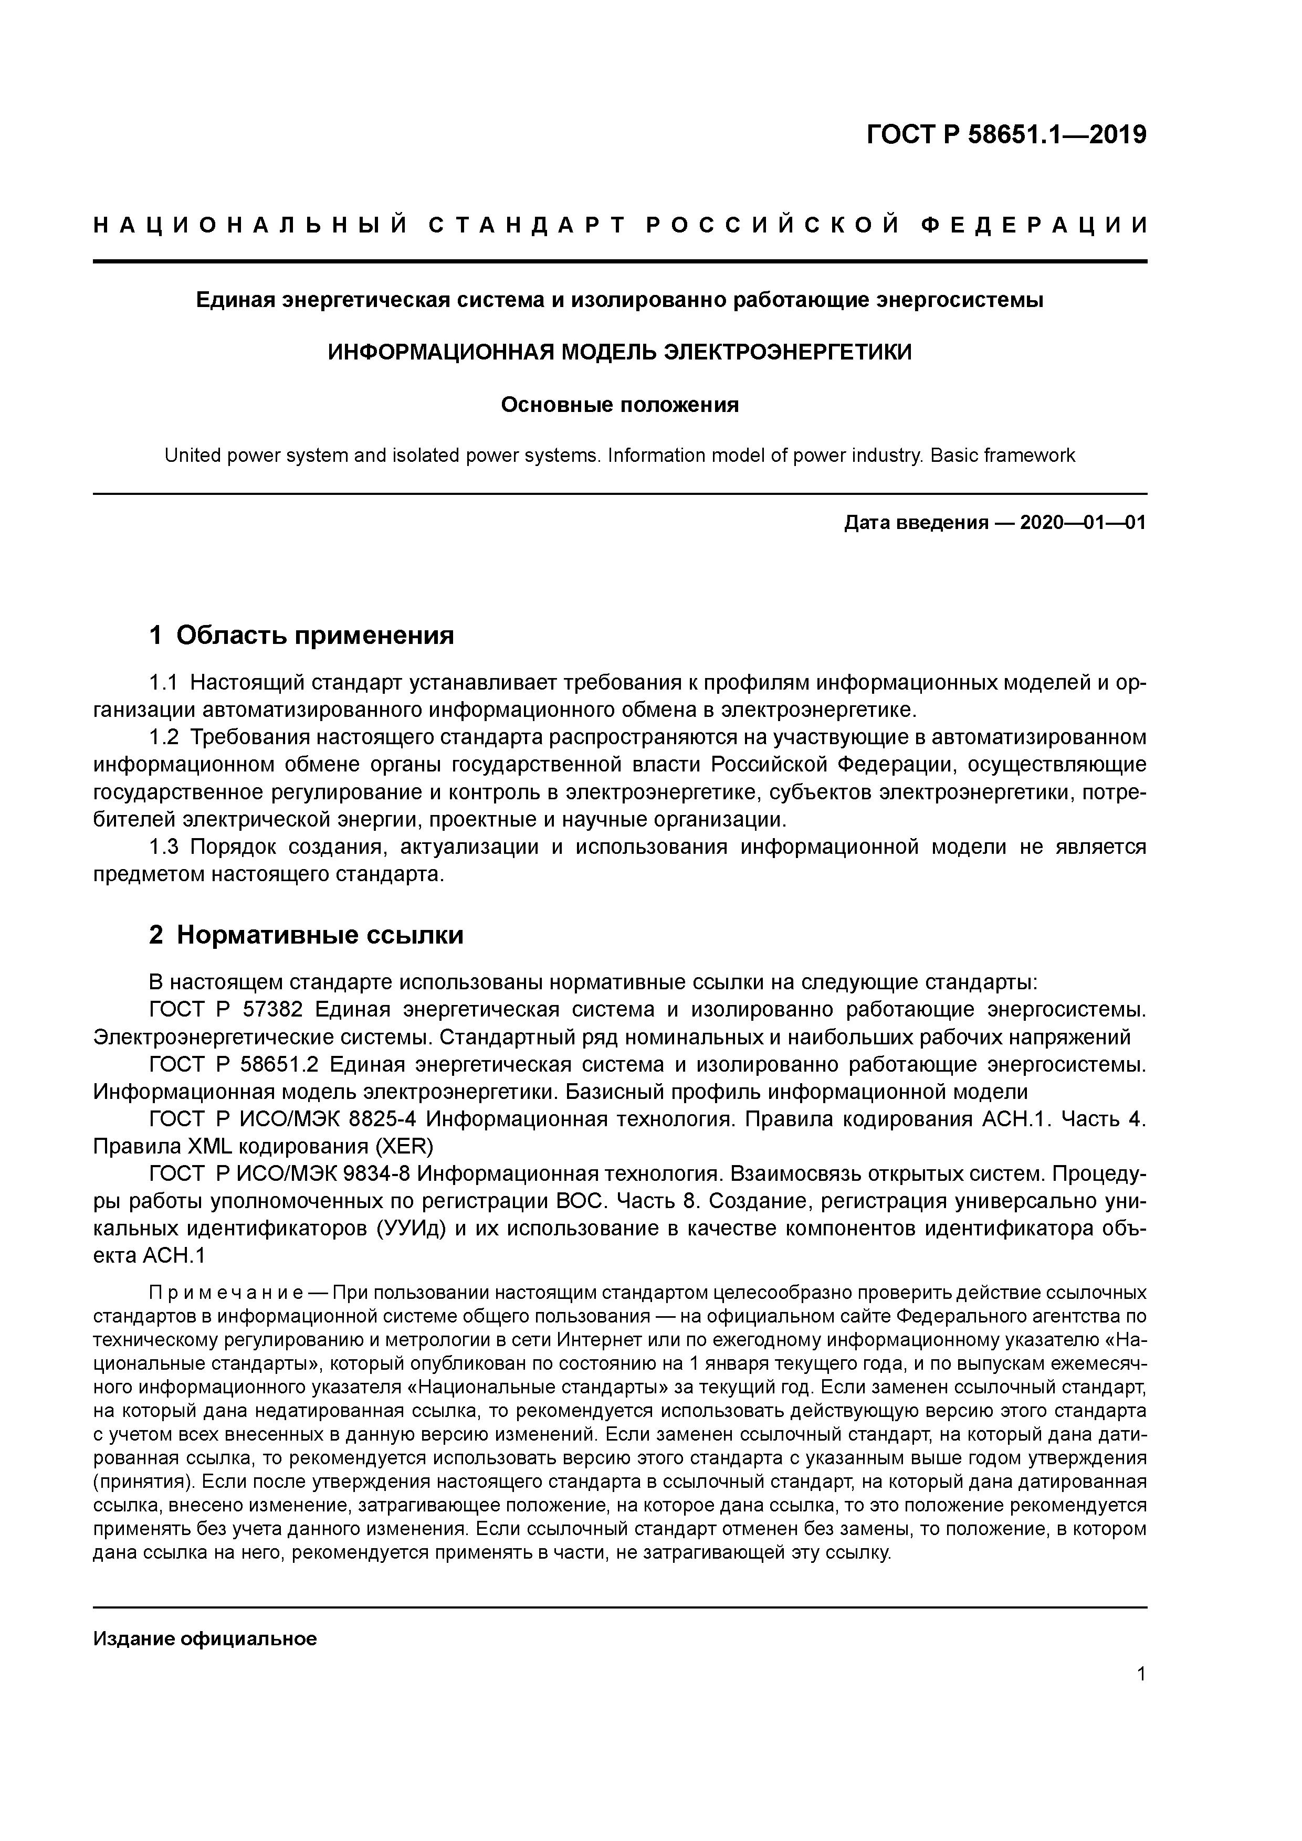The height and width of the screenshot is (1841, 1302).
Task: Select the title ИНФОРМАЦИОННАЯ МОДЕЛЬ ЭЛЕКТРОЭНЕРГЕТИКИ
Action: (x=619, y=352)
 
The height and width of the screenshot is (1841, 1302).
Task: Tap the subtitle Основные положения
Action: (x=619, y=405)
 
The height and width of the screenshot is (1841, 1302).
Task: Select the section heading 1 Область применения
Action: (x=302, y=635)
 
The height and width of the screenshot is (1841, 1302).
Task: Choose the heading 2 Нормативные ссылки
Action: (x=307, y=935)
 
